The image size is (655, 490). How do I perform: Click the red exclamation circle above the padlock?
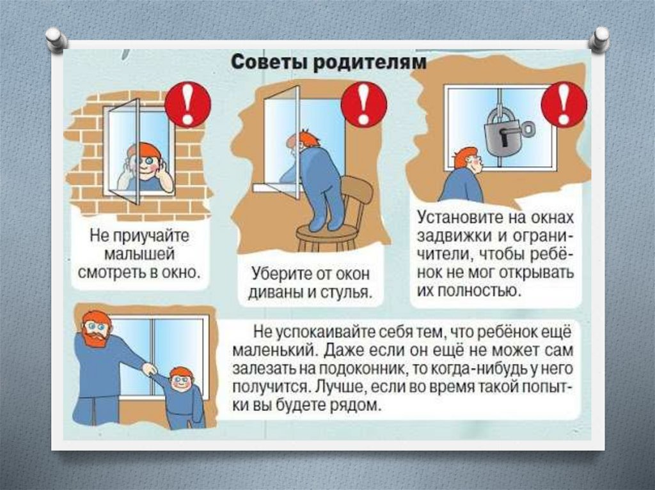point(563,104)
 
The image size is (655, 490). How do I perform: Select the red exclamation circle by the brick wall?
point(187,104)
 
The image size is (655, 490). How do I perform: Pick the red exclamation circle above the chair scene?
point(363,104)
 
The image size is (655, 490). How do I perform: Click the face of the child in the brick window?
point(145,164)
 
